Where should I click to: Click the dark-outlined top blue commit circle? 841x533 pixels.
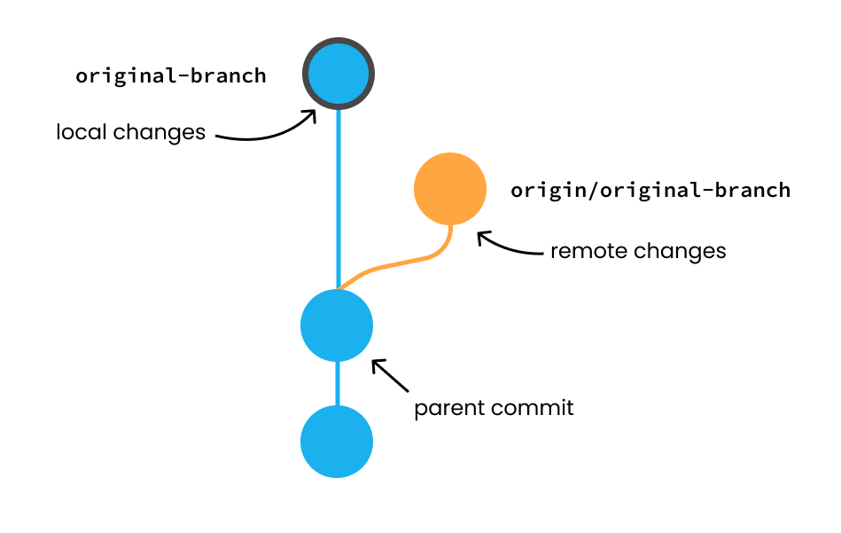pyautogui.click(x=339, y=74)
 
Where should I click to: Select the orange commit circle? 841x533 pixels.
pyautogui.click(x=450, y=189)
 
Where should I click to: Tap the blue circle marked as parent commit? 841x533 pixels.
pyautogui.click(x=337, y=325)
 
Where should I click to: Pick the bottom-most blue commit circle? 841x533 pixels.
pyautogui.click(x=337, y=442)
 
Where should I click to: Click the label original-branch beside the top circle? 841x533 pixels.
pyautogui.click(x=171, y=75)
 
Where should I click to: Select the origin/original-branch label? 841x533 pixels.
pyautogui.click(x=650, y=190)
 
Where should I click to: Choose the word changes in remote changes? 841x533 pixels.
pyautogui.click(x=681, y=251)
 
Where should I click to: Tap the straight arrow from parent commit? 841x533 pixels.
pyautogui.click(x=391, y=375)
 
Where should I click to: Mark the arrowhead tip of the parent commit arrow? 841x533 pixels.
pyautogui.click(x=373, y=360)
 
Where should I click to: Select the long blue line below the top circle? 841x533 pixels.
pyautogui.click(x=338, y=195)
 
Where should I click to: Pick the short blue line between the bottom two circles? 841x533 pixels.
pyautogui.click(x=337, y=384)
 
